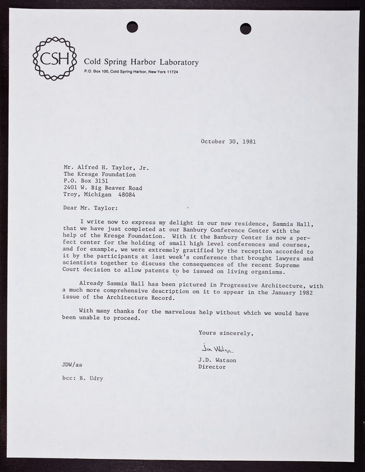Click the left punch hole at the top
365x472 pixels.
[x=132, y=27]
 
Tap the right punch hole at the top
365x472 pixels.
[x=246, y=28]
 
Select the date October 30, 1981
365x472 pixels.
[x=228, y=142]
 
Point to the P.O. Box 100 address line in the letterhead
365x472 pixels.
[x=131, y=72]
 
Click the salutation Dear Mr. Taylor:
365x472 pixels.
[x=90, y=208]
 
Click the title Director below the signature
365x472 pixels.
[x=211, y=367]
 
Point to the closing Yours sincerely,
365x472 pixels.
[x=226, y=333]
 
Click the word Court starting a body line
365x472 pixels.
[x=73, y=272]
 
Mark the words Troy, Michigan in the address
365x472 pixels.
[x=92, y=195]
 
